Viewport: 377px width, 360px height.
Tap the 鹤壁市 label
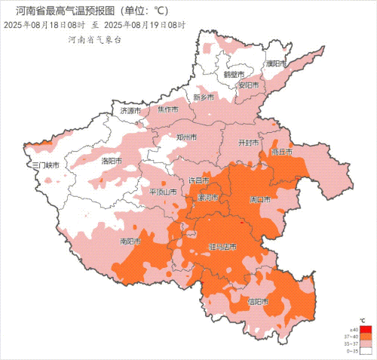point(234,75)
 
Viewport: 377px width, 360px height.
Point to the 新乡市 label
point(204,98)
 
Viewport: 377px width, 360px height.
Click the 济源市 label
point(130,111)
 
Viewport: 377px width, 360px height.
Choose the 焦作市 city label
point(167,109)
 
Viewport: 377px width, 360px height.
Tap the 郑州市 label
point(186,137)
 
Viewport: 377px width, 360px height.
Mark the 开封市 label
point(248,142)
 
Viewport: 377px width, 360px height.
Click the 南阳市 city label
point(131,242)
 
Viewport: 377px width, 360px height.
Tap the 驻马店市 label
point(222,247)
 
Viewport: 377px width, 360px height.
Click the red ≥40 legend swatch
point(366,329)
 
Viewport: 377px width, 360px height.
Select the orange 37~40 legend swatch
point(366,337)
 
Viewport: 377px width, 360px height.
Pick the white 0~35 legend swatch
point(366,351)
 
